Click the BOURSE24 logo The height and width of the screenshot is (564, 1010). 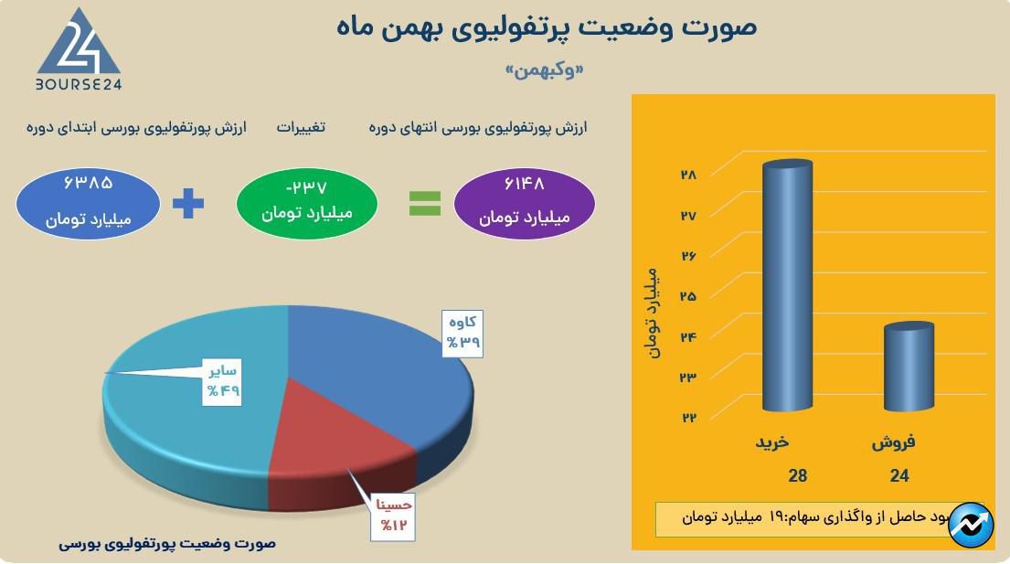click(x=79, y=50)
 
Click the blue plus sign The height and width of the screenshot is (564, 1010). click(x=188, y=202)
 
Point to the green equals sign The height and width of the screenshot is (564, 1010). click(x=424, y=203)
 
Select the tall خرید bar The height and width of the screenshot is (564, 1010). click(x=787, y=283)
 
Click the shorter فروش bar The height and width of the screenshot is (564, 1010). click(x=909, y=366)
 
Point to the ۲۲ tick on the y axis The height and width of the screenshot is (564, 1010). click(x=687, y=418)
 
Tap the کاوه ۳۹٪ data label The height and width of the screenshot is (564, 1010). click(x=462, y=333)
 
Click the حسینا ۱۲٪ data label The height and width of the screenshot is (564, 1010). click(x=394, y=516)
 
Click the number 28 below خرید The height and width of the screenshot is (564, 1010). click(x=798, y=475)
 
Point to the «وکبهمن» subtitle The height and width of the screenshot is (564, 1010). click(x=545, y=71)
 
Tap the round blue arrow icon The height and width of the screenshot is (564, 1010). click(x=971, y=525)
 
